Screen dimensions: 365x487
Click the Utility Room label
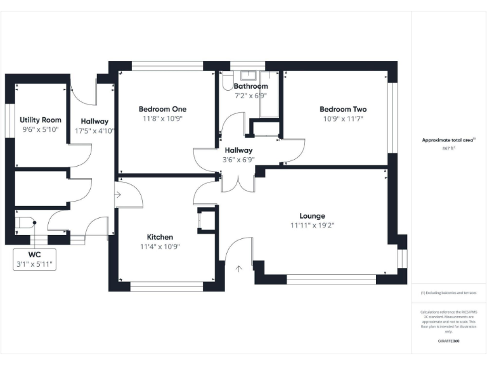point(41,120)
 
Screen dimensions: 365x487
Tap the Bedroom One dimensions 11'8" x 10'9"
point(162,118)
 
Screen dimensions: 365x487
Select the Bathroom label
point(250,86)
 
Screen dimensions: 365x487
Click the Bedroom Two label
point(342,109)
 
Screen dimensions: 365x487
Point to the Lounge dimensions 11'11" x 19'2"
point(312,226)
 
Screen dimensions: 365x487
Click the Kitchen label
point(160,237)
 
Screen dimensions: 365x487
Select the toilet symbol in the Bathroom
point(228,82)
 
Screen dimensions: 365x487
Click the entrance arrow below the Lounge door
point(238,269)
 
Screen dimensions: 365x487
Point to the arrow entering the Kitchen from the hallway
point(118,195)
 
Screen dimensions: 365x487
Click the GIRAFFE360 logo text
point(448,342)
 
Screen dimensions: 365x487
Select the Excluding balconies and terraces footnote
point(448,293)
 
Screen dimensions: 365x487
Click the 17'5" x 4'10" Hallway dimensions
point(94,131)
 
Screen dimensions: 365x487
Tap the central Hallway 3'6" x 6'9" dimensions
point(238,160)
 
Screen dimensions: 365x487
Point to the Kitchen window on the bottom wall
point(166,286)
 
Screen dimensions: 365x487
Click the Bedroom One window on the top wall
point(167,65)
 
